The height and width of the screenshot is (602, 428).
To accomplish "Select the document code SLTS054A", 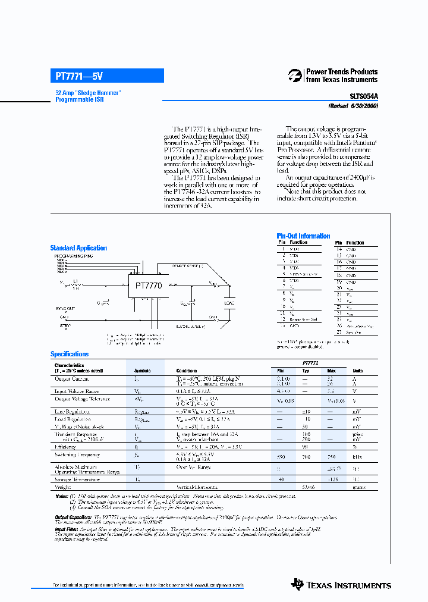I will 363,95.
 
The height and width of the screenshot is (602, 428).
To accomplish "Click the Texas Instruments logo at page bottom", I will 341,585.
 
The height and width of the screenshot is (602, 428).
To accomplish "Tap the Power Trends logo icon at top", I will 295,76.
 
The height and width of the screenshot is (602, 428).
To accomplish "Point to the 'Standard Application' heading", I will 78,248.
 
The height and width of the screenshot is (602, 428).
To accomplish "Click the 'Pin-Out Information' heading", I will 303,236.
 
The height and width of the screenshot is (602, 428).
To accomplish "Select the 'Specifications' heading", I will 70,354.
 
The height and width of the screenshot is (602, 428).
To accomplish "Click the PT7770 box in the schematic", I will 149,286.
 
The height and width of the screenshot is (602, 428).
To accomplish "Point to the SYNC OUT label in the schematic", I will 65,308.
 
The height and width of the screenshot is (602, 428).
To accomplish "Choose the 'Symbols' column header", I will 142,371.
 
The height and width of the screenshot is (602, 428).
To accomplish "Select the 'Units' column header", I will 357,371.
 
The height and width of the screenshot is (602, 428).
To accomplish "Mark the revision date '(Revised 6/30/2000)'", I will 353,105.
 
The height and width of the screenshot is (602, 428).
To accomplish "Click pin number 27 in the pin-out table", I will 339,332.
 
